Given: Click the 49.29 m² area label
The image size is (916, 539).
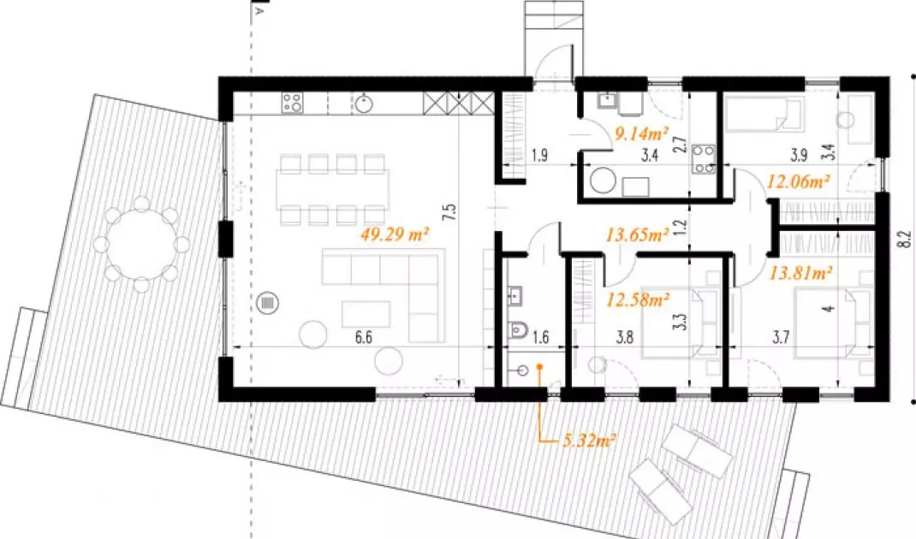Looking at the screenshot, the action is tap(395, 235).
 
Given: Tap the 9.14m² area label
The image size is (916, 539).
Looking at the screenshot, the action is tap(641, 134).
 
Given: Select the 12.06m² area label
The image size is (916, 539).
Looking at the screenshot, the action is tap(798, 181).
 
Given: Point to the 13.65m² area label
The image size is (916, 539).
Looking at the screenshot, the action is tap(637, 235).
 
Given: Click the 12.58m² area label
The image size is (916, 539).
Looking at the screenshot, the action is tap(637, 300).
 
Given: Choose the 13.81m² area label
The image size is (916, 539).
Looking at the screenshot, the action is tap(800, 272).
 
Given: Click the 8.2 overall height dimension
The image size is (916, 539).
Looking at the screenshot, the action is tap(905, 239).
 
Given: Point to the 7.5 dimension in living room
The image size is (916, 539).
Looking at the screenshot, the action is tap(449, 212).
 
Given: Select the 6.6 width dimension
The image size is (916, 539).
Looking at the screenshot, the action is tap(363, 338).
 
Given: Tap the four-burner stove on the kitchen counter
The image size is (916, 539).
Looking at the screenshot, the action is tap(292, 103).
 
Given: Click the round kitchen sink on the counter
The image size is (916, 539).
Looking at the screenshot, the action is tap(363, 104).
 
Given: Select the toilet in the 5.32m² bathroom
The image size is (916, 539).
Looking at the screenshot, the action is tap(518, 330).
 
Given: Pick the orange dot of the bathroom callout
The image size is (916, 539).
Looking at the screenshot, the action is tap(540, 367).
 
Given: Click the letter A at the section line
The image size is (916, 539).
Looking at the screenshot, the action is tap(260, 10).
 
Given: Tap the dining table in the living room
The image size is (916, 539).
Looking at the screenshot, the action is tap(332, 189).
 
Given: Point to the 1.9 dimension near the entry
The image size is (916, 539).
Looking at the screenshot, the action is tap(540, 156).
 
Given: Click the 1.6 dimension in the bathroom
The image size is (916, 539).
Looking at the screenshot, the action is tap(540, 337).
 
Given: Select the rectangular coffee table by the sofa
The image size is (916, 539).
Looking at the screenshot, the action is tap(366, 314).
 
